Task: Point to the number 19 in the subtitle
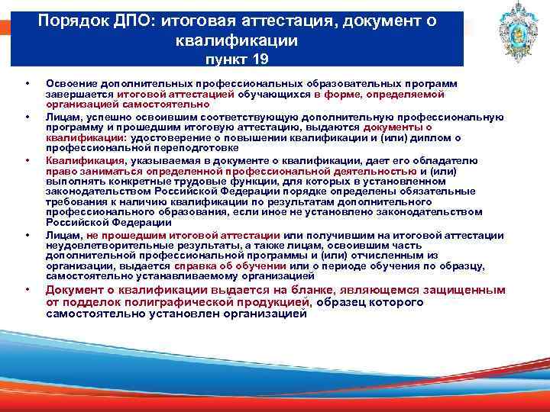pos(260,57)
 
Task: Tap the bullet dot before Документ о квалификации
pos(27,290)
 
